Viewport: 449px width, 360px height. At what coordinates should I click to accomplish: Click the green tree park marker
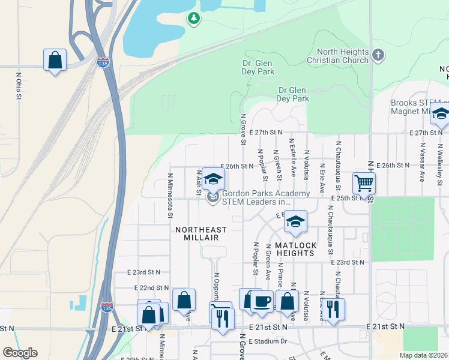click(193, 19)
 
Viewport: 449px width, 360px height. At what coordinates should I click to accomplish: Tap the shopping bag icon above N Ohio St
click(55, 60)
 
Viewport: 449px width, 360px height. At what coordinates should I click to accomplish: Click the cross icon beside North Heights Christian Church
click(378, 56)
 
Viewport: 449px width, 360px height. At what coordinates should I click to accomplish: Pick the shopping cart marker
click(364, 182)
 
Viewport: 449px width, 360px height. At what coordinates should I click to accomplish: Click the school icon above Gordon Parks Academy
click(212, 179)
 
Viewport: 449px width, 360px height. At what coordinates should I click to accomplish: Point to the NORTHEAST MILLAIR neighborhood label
click(201, 233)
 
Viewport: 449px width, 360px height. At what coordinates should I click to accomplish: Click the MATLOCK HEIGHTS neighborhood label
click(295, 249)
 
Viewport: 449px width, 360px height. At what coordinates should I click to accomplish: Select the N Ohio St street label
click(19, 88)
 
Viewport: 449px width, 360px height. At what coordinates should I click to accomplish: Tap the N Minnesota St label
click(170, 195)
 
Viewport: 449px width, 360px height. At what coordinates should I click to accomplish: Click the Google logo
click(20, 353)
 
